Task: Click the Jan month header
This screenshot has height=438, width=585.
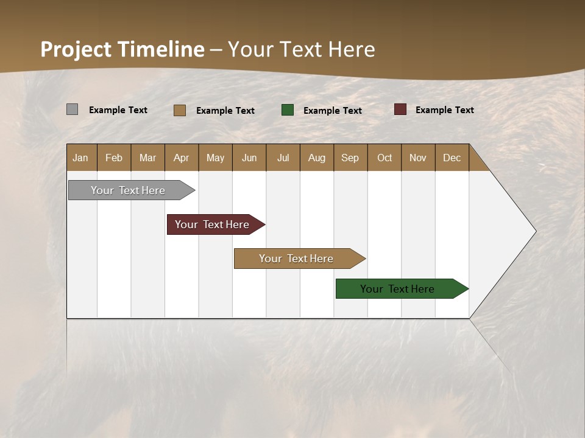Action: pyautogui.click(x=81, y=158)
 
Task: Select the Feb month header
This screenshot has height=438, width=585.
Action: pyautogui.click(x=114, y=158)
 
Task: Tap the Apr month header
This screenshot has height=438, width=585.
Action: pyautogui.click(x=181, y=158)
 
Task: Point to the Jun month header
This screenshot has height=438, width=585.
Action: pyautogui.click(x=249, y=158)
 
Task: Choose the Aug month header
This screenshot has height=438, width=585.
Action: pyautogui.click(x=316, y=158)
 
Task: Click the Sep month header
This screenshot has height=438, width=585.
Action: pyautogui.click(x=350, y=158)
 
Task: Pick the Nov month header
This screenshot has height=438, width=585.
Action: pyautogui.click(x=417, y=158)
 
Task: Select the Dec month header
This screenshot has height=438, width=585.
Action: pyautogui.click(x=452, y=158)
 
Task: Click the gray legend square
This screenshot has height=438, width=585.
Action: pyautogui.click(x=72, y=109)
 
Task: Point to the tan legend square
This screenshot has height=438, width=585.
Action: pyautogui.click(x=179, y=110)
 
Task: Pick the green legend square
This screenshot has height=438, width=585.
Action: pyautogui.click(x=288, y=109)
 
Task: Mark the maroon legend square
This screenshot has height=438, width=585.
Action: pyautogui.click(x=400, y=109)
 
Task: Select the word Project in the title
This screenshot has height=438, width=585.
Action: pyautogui.click(x=76, y=49)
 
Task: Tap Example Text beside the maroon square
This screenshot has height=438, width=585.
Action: pyautogui.click(x=444, y=109)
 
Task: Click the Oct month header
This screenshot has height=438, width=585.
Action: pyautogui.click(x=385, y=158)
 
